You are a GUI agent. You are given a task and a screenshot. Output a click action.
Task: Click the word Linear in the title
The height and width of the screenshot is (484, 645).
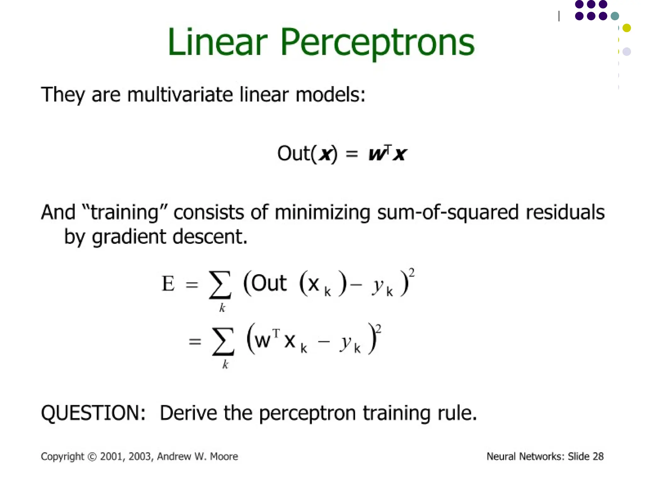click(217, 43)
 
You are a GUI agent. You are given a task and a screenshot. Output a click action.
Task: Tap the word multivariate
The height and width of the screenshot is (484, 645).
click(180, 94)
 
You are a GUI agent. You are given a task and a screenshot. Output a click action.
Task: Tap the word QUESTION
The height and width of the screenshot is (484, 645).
click(93, 412)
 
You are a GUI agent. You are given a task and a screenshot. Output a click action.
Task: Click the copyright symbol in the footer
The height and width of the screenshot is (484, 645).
click(92, 457)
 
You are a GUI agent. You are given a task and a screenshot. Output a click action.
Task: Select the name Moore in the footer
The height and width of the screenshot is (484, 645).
click(224, 456)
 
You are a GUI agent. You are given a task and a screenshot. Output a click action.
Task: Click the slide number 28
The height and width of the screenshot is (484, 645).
click(598, 456)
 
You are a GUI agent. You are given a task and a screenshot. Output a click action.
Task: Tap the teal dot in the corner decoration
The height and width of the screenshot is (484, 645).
click(615, 16)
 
